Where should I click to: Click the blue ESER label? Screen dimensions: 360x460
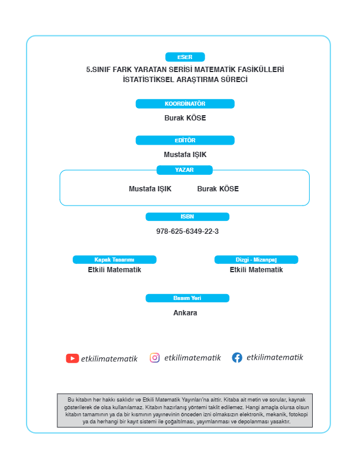coord(185,57)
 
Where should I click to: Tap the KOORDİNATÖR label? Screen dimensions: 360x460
coord(185,104)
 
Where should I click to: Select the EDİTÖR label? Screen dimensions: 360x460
coord(185,140)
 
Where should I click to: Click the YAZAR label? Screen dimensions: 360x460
coord(184,170)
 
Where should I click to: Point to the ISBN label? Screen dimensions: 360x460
coord(187,217)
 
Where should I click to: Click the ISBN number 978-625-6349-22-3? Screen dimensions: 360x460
coord(187,231)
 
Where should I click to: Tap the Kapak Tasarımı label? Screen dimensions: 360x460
coord(115,260)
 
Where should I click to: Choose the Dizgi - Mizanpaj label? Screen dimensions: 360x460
coord(257,260)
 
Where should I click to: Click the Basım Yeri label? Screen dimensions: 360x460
coord(187,298)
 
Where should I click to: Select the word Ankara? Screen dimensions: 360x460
coord(185,313)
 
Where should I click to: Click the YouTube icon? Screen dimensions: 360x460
coord(72,358)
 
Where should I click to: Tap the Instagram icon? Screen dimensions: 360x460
coord(155,358)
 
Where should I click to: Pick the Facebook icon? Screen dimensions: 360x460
coord(237,357)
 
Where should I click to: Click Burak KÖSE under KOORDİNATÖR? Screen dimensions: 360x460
coord(185,118)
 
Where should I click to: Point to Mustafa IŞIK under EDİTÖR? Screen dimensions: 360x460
coord(185,155)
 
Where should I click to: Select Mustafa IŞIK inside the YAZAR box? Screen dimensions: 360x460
coord(150,189)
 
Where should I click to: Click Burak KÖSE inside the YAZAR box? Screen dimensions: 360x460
coord(218,188)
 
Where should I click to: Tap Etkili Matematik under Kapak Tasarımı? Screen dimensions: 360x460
coord(115,270)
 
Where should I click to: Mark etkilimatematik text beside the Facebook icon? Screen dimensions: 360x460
coord(274,357)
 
